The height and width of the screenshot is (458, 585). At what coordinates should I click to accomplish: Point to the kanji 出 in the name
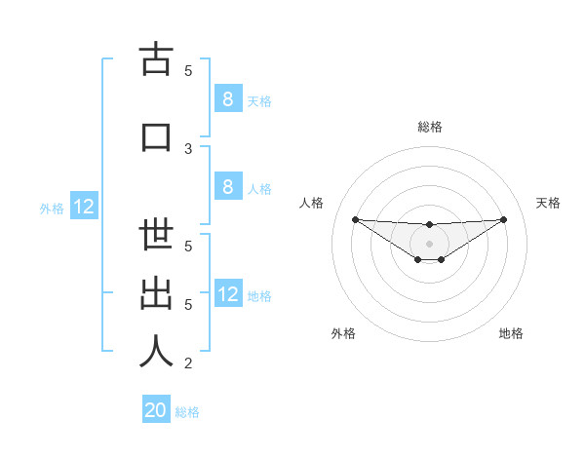click(x=156, y=293)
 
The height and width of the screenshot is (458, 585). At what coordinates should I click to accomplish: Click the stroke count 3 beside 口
click(x=188, y=148)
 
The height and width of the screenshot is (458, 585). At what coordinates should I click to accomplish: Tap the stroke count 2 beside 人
click(x=188, y=363)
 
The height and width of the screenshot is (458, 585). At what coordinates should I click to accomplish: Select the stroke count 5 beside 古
click(x=188, y=70)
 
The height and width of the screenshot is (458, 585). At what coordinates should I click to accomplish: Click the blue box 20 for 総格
click(x=156, y=410)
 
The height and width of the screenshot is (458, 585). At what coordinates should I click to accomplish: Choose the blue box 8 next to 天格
click(x=227, y=99)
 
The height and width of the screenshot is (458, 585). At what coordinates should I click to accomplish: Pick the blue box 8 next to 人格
click(x=227, y=188)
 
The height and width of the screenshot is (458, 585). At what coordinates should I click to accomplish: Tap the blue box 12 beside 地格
click(x=227, y=294)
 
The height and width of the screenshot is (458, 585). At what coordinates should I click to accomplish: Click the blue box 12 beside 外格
click(x=83, y=207)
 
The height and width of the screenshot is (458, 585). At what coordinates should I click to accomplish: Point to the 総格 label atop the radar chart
click(x=429, y=127)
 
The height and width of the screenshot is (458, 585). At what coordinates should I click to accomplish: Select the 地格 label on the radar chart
click(x=511, y=333)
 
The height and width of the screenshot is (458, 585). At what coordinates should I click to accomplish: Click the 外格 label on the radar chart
click(x=343, y=333)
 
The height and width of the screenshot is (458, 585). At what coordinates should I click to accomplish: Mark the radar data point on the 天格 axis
click(x=503, y=218)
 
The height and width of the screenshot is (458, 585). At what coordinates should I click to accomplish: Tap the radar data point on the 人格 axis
click(x=355, y=218)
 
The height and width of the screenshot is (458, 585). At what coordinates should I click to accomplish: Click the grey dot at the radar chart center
click(x=429, y=243)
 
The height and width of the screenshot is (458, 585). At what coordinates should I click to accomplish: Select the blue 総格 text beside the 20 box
click(x=187, y=412)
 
